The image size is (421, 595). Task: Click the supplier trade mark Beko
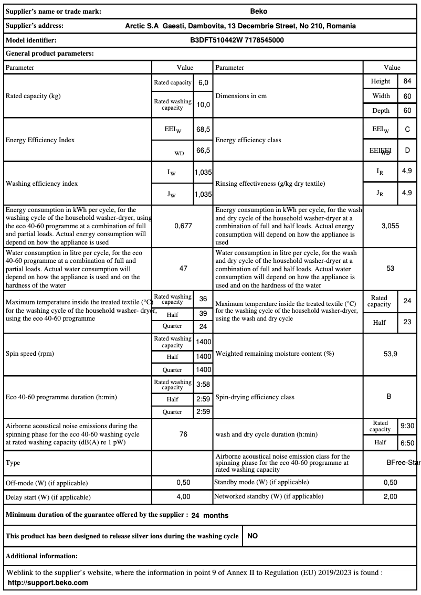point(259,11)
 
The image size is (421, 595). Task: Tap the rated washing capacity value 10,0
point(203,104)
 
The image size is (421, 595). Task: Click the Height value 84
point(407,81)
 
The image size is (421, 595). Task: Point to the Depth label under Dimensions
point(381,111)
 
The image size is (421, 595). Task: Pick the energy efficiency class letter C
point(407,129)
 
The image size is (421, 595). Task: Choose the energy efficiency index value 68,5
point(203,129)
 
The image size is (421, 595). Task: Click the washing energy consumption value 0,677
point(183,226)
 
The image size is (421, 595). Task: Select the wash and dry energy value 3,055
point(390,226)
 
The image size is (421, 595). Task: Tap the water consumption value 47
point(183,268)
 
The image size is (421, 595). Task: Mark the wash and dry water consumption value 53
point(390,268)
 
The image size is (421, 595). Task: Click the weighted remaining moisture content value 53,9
point(390,354)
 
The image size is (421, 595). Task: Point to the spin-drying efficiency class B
point(389,397)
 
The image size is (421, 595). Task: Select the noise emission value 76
point(183,434)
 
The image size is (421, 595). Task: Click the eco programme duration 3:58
point(203,384)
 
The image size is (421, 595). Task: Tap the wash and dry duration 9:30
point(407,426)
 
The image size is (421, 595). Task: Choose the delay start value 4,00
point(183,496)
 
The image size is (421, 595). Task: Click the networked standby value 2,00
point(390,496)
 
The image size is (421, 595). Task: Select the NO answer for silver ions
point(252,536)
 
